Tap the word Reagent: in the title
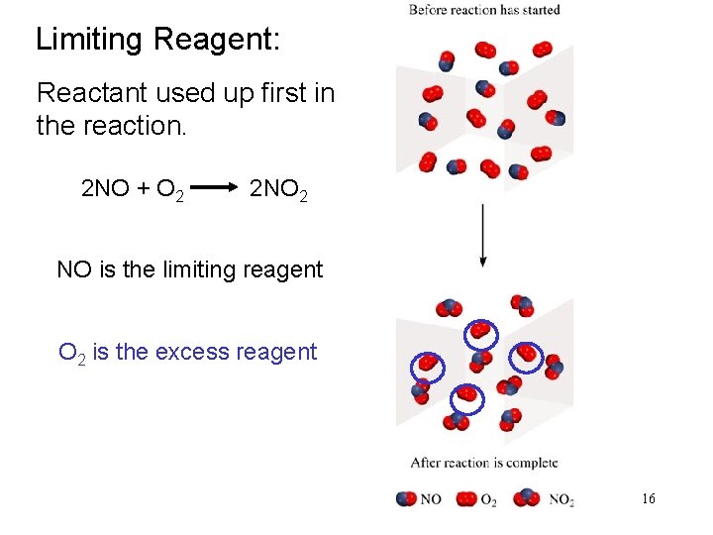(217, 41)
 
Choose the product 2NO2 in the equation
(278, 188)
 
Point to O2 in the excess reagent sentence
(71, 353)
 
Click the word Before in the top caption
(429, 10)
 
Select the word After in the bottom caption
(426, 463)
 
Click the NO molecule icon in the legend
(406, 498)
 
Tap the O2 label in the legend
(488, 499)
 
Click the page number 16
(649, 498)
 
